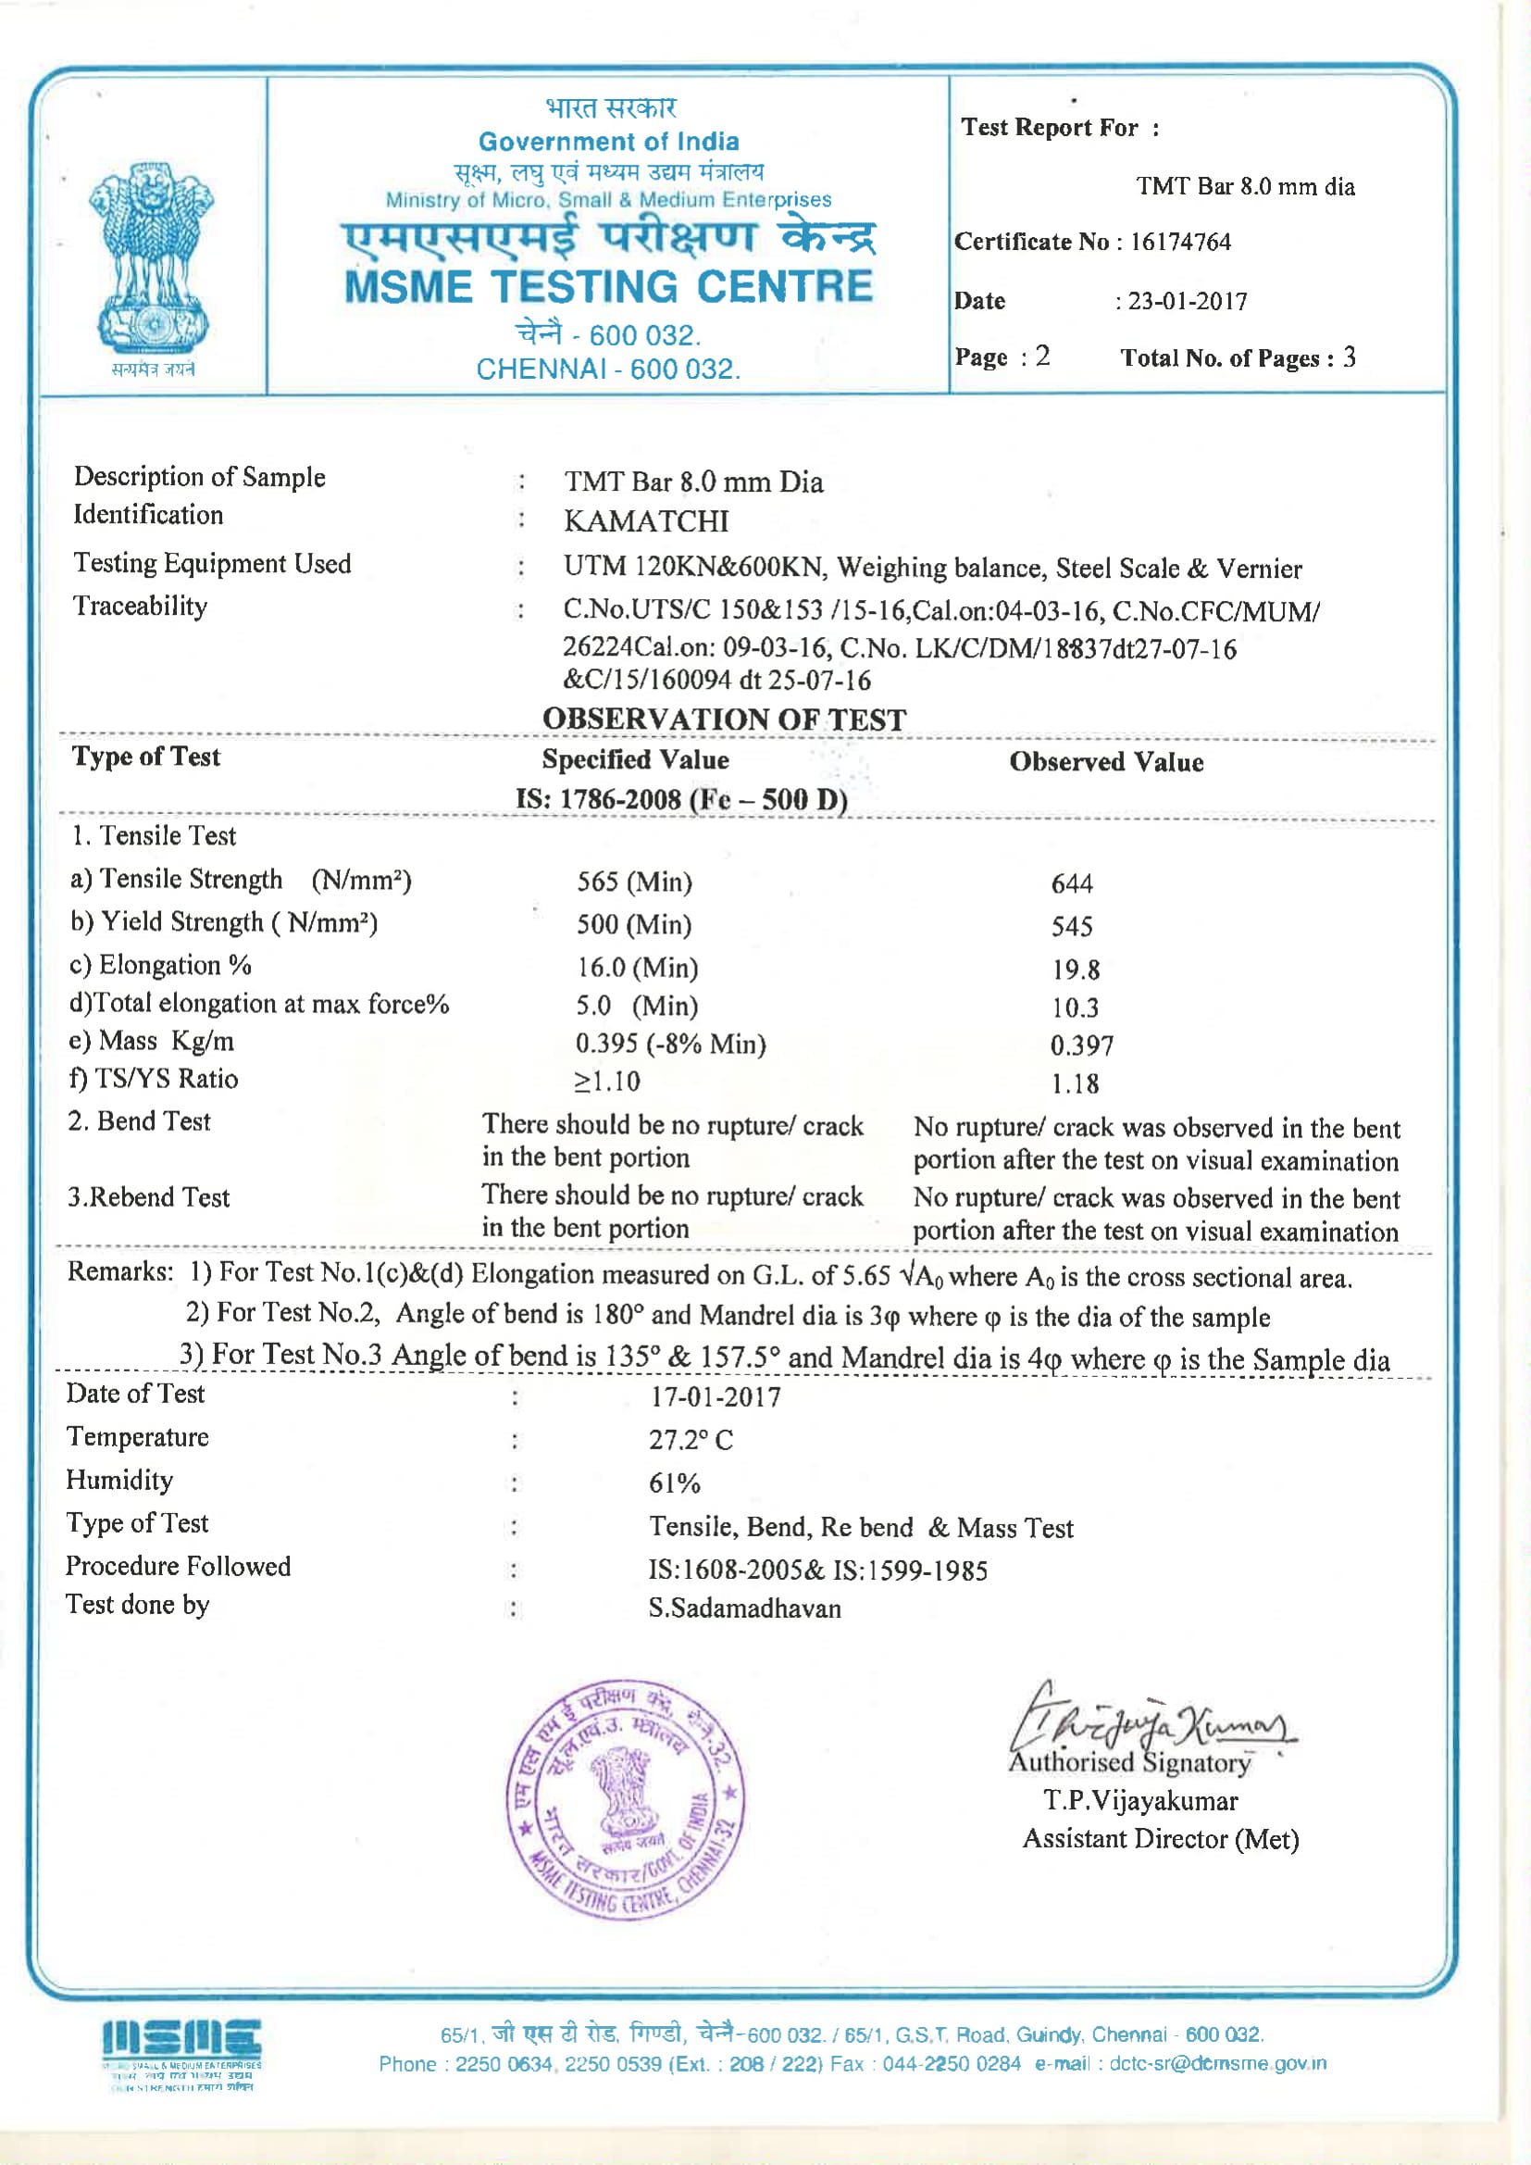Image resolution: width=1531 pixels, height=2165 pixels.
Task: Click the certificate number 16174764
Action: [1180, 243]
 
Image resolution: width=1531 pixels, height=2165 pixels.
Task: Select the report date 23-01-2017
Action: [1187, 302]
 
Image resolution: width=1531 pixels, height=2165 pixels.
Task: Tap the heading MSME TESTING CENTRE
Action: [609, 287]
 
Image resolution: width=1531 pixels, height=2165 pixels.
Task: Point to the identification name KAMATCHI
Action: [646, 521]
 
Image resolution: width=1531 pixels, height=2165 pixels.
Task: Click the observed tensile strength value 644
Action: [1072, 883]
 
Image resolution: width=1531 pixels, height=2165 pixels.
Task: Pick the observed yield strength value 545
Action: [1072, 926]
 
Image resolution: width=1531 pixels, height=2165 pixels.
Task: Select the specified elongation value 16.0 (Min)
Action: [637, 968]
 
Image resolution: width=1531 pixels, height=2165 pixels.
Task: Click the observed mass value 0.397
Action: [1081, 1045]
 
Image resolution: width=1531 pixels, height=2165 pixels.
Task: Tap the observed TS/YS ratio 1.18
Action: [1075, 1083]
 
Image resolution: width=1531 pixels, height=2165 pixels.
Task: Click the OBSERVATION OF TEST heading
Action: [724, 720]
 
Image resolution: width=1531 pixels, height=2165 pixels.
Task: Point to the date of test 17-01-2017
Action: [715, 1396]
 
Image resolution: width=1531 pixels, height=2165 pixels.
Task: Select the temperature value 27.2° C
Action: [691, 1440]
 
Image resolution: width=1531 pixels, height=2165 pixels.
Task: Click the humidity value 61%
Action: [674, 1483]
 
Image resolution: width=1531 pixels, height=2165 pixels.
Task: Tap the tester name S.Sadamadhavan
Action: [744, 1608]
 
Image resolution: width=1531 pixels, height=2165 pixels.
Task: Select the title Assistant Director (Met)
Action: [1161, 1839]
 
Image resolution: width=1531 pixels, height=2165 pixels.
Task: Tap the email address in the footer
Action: [1217, 2063]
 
